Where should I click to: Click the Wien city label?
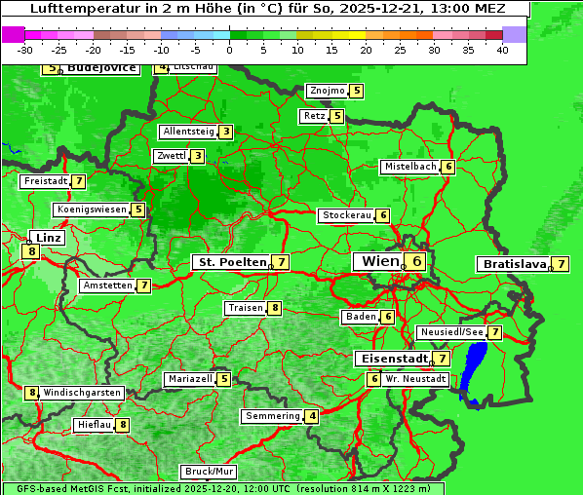click(379, 261)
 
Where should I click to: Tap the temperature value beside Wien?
click(417, 261)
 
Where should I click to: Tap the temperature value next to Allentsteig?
click(225, 132)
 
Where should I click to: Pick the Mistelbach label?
click(410, 167)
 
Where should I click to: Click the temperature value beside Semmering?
click(312, 416)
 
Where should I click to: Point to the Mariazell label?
click(190, 379)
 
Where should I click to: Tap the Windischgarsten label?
click(82, 393)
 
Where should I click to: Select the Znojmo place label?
click(327, 91)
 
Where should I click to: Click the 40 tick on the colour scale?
click(502, 50)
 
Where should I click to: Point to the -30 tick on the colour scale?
click(25, 50)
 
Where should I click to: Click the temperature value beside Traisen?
click(276, 308)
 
